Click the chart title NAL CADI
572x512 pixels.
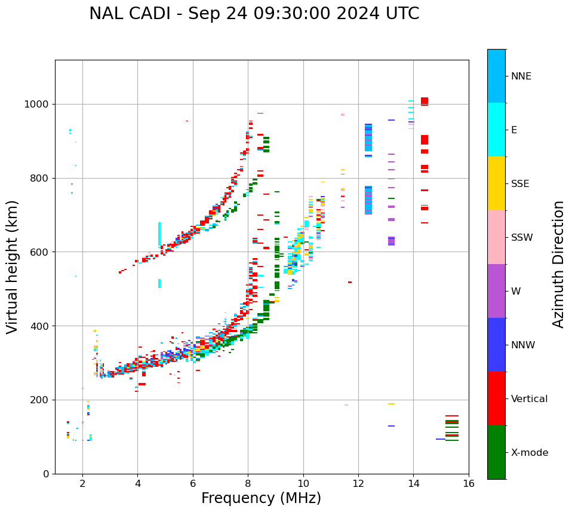click(x=254, y=14)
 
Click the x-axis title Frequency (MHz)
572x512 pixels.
click(x=261, y=498)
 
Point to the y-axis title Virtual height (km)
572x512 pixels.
click(x=13, y=267)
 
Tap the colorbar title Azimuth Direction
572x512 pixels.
click(x=558, y=264)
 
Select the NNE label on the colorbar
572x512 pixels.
click(x=521, y=76)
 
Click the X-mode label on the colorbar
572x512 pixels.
click(x=529, y=453)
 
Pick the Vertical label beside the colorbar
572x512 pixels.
click(x=529, y=399)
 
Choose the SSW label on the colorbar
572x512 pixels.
click(x=522, y=238)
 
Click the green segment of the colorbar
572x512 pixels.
click(x=496, y=452)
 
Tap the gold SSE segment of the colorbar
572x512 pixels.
click(x=496, y=183)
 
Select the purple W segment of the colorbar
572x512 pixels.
click(x=496, y=291)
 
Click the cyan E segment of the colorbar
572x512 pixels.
click(x=496, y=130)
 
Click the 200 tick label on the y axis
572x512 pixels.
click(x=42, y=400)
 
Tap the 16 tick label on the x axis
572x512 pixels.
click(x=469, y=483)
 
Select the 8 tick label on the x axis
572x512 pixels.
click(x=248, y=483)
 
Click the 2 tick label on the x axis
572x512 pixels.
click(x=82, y=483)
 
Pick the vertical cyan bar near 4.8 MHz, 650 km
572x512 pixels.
click(x=159, y=234)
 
